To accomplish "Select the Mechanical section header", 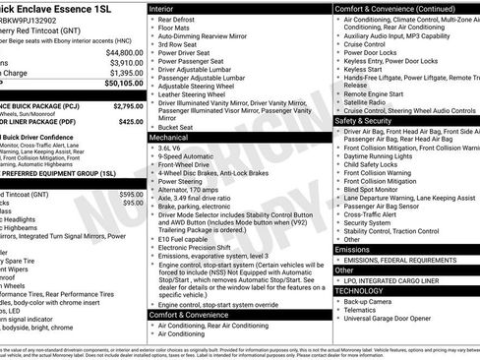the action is point(173,139).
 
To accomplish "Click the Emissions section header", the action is point(355,250).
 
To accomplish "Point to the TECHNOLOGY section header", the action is point(362,291).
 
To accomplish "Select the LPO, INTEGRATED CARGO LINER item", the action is point(396,280).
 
